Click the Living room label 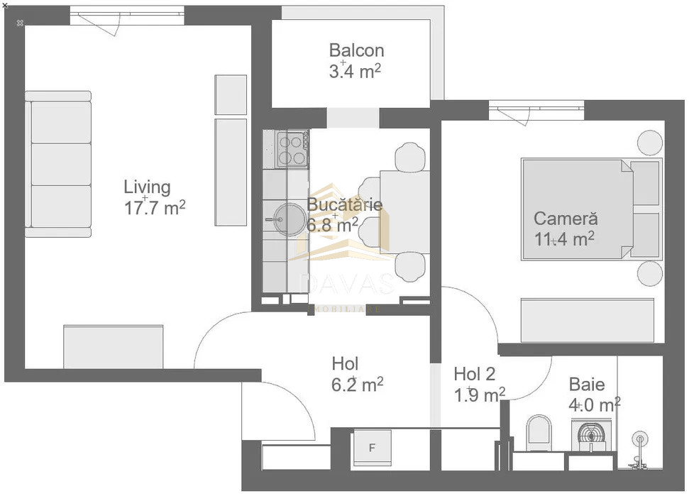147,187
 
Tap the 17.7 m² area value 155,208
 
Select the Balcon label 356,50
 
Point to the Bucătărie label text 345,204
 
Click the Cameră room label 566,219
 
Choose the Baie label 587,385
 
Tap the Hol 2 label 474,373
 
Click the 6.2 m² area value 358,385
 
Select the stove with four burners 292,148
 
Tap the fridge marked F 372,448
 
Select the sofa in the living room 60,164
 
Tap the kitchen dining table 403,211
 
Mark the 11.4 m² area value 564,239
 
